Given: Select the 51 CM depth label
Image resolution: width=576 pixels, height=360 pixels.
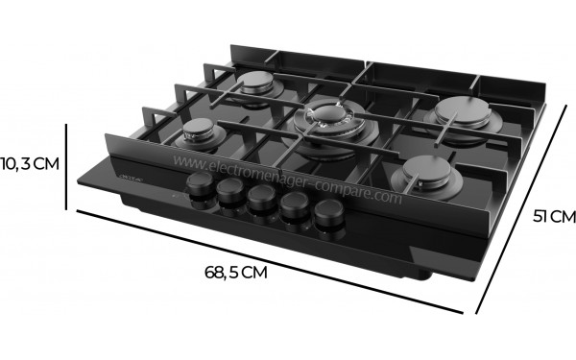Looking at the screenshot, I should (x=553, y=217).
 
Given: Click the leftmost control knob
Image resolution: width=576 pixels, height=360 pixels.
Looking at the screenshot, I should (x=201, y=186).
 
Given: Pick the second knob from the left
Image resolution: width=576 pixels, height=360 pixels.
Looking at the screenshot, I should (x=230, y=195).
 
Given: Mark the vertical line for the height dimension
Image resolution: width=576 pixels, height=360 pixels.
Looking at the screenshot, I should (x=65, y=164).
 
